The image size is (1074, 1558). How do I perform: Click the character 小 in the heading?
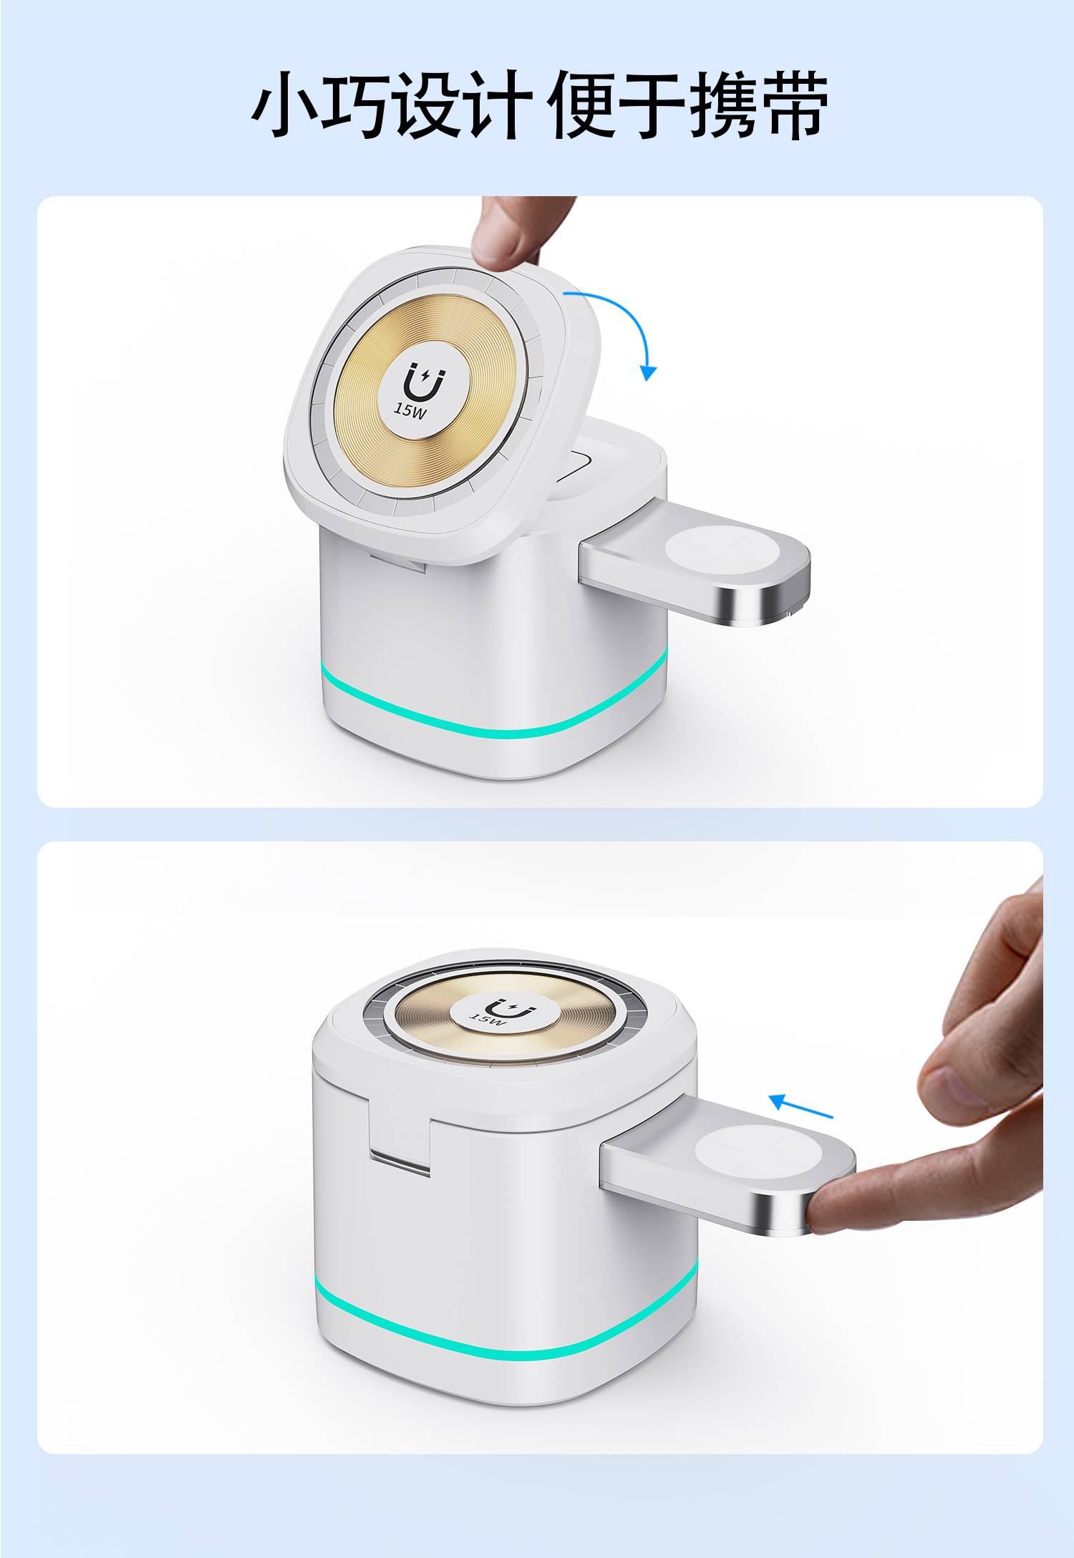(x=285, y=105)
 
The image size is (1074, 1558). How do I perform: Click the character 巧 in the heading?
(x=356, y=105)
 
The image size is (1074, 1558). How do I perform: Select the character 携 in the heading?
(x=723, y=105)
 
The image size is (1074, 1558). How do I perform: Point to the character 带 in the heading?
(x=794, y=105)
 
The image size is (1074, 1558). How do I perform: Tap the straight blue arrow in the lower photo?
(x=800, y=1105)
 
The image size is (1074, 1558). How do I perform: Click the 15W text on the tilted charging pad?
(x=410, y=410)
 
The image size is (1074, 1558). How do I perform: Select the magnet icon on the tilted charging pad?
(x=422, y=382)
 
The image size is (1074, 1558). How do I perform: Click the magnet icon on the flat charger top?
(x=516, y=1009)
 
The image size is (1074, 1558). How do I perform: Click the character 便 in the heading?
(x=581, y=105)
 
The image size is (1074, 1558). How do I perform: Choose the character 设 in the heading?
(x=427, y=105)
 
